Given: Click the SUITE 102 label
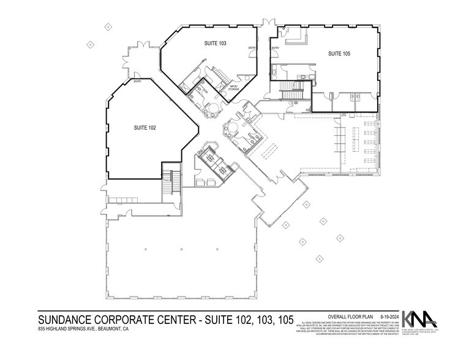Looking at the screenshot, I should coord(145,127).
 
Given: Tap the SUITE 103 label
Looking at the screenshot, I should coord(215,43).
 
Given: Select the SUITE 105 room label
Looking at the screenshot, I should coord(339,54).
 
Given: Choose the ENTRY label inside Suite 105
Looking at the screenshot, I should coord(276,48).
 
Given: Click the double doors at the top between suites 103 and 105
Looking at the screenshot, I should coord(267,24).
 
